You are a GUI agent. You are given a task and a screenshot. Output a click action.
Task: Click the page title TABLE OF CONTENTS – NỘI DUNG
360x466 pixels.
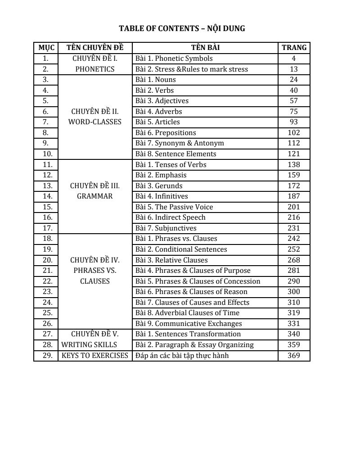(x=182, y=29)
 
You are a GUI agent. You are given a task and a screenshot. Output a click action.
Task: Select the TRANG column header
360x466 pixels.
(x=294, y=47)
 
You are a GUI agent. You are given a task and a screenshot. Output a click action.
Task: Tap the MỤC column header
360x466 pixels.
(x=46, y=47)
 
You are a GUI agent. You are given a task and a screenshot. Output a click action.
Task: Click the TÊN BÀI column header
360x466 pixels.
(x=205, y=47)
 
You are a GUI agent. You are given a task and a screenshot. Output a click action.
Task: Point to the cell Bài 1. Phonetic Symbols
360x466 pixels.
(x=174, y=59)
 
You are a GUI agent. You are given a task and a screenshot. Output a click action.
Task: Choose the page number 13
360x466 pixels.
(x=294, y=69)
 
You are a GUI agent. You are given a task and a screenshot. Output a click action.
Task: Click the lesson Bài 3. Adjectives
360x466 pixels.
(x=162, y=101)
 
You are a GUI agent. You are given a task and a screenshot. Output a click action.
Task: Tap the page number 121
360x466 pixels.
(x=294, y=154)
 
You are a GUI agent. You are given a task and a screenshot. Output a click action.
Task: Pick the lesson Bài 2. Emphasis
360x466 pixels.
(x=161, y=175)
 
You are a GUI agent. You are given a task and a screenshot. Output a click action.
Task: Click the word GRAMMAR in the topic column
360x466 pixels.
(x=94, y=196)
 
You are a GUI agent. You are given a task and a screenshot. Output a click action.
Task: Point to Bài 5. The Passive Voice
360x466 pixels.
(x=174, y=207)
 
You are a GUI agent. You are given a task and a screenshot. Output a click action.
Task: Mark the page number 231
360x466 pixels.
(x=294, y=228)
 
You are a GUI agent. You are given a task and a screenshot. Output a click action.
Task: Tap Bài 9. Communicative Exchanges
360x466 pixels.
(x=189, y=324)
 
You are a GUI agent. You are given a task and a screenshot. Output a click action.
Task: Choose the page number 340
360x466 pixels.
(x=294, y=334)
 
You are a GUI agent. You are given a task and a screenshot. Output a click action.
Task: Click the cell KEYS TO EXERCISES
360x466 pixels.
(x=95, y=356)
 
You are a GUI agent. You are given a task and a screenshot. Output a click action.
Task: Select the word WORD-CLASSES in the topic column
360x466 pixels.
(x=94, y=122)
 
